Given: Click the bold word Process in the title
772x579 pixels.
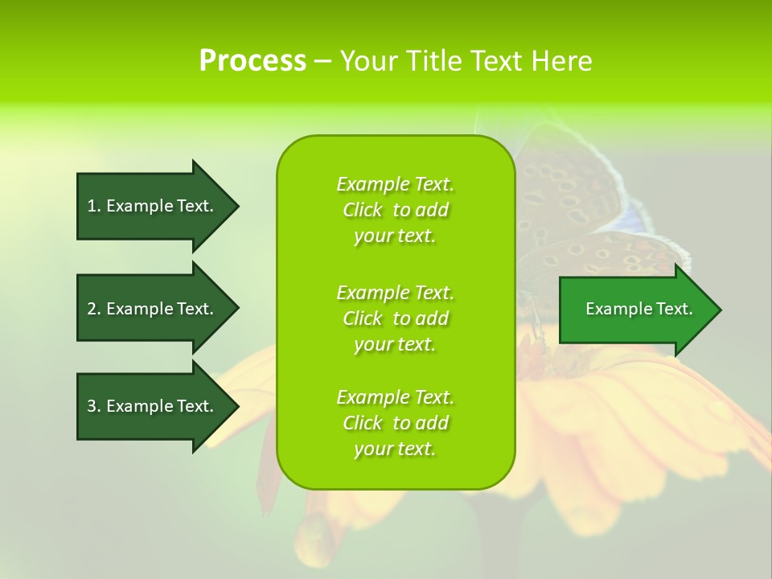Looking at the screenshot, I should (253, 61).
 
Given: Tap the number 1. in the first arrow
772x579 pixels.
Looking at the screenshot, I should (94, 206).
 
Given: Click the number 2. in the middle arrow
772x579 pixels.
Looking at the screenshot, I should (94, 309).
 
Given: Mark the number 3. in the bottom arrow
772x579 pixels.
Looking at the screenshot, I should (94, 406).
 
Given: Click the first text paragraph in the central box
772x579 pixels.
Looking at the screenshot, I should (395, 210).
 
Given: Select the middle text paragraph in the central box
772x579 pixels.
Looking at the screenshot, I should (395, 318).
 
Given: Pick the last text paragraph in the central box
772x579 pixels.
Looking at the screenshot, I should (395, 423).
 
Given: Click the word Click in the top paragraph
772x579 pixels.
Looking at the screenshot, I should (363, 210).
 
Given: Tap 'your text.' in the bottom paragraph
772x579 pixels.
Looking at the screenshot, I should (395, 449).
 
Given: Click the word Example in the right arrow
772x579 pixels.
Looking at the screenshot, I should (613, 309).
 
